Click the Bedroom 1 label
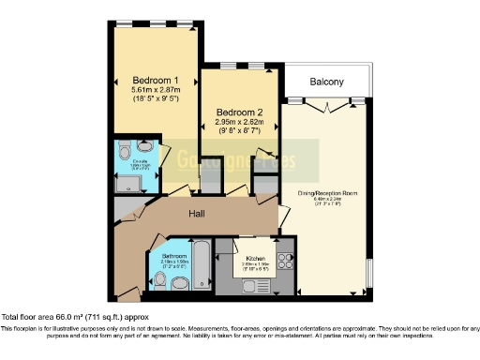pos(157,80)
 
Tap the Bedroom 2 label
pos(237,110)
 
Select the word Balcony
pos(327,82)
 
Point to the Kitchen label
pos(256,258)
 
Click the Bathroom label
pos(174,255)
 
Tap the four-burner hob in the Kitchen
pos(284,257)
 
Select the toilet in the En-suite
pos(144,147)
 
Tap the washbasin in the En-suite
pos(125,147)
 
